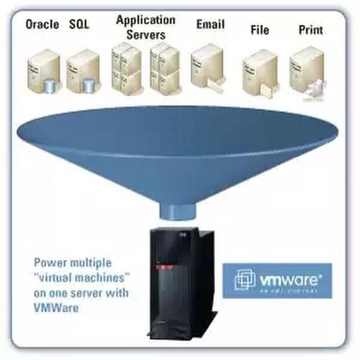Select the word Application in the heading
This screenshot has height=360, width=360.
point(146,20)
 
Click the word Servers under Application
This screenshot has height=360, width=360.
point(146,35)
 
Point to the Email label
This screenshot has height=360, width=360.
point(211,25)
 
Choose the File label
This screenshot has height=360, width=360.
point(260,29)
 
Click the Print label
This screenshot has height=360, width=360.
point(310,29)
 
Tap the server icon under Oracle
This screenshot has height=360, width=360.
point(43,70)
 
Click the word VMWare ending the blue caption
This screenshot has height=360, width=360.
point(56,308)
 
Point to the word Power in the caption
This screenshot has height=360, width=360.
point(48,263)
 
